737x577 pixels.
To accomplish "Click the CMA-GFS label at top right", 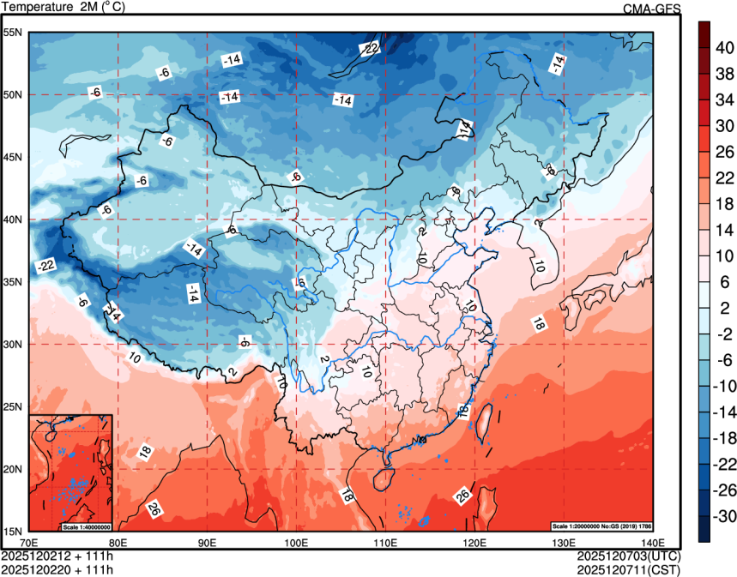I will (x=651, y=8).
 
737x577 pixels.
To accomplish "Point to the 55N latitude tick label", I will (x=14, y=33).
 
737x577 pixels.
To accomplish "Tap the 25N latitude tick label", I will (x=14, y=406).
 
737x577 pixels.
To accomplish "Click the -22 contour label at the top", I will (x=369, y=49).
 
